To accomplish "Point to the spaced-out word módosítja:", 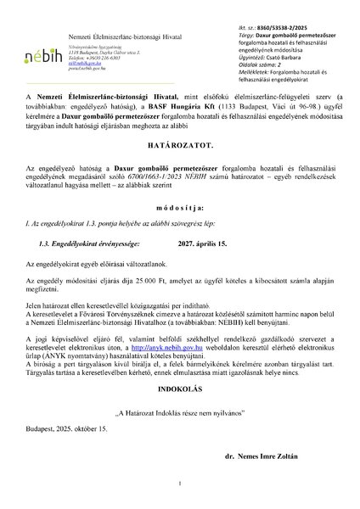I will coord(179,230).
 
